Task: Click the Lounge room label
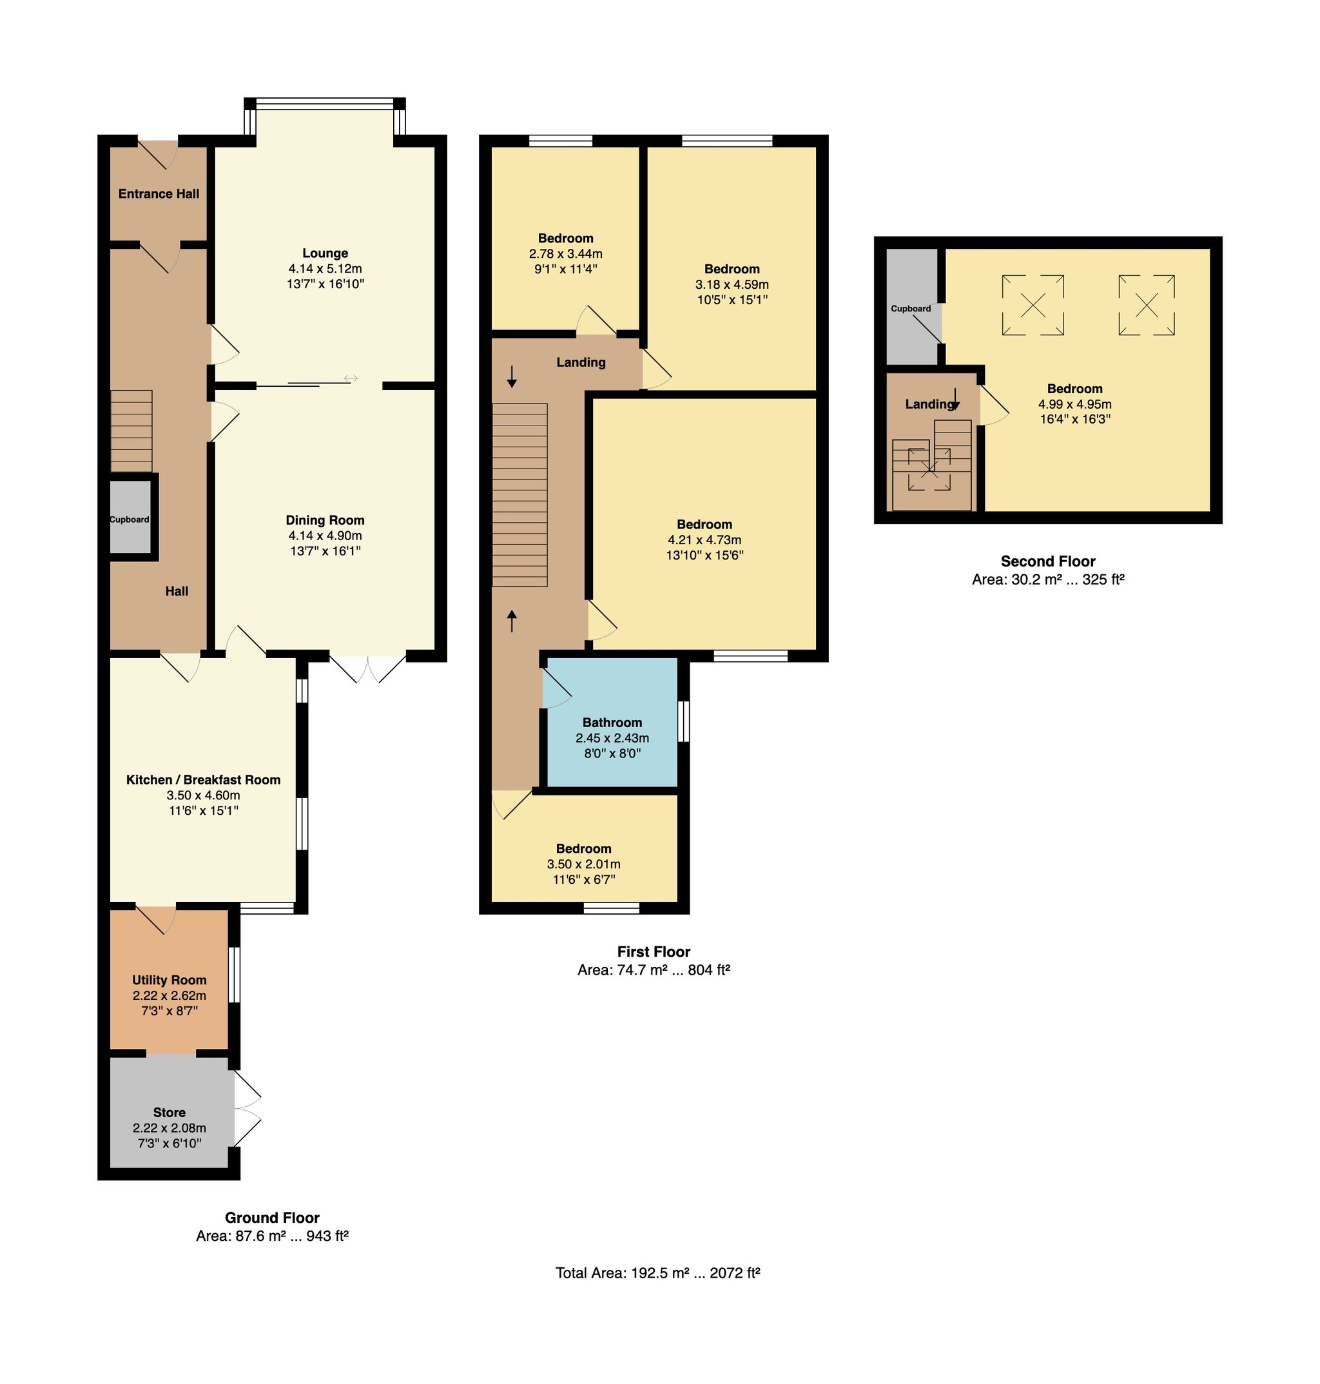pos(325,253)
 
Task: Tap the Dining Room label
pos(325,521)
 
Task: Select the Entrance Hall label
pos(159,193)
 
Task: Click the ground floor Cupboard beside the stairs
pos(130,520)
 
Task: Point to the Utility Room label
pos(170,980)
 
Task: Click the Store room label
pos(170,1113)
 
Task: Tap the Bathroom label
pos(612,723)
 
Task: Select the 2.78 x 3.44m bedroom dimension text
pos(566,253)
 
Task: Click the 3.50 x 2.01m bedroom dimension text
pos(583,864)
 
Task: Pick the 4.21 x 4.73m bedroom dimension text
pos(704,540)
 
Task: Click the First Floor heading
pos(654,952)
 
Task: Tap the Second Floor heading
pos(1048,561)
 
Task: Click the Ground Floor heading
pos(272,1218)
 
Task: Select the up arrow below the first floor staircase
pos(512,621)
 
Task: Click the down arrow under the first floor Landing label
pos(512,376)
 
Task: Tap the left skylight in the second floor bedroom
pos(1033,306)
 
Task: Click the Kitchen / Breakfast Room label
pos(203,779)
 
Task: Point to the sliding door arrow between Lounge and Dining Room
pos(351,379)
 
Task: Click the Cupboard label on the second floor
pos(911,308)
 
